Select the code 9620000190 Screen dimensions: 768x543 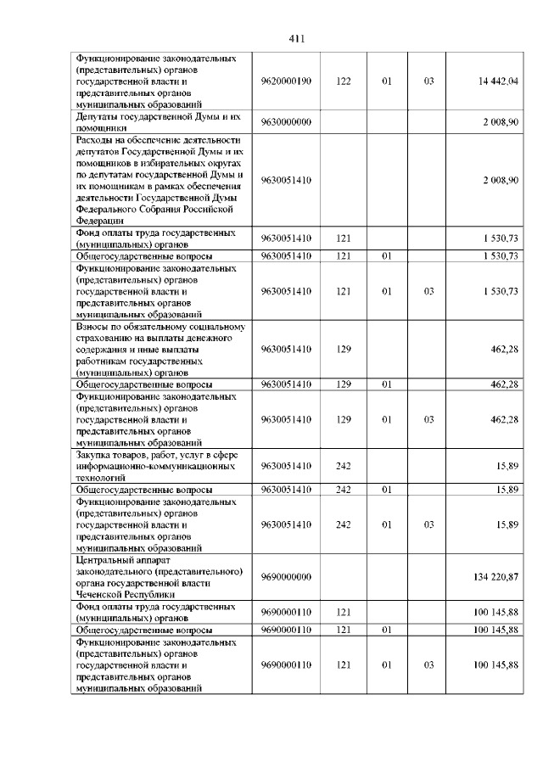tap(287, 81)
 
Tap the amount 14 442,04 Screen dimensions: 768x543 tap(498, 81)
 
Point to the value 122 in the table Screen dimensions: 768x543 tap(344, 81)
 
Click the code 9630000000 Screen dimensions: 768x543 tap(287, 122)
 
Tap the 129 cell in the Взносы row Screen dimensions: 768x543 tap(344, 349)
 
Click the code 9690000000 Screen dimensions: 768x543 tap(287, 577)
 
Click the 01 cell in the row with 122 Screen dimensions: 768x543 tap(386, 81)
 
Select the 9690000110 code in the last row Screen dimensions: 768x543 tap(287, 665)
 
